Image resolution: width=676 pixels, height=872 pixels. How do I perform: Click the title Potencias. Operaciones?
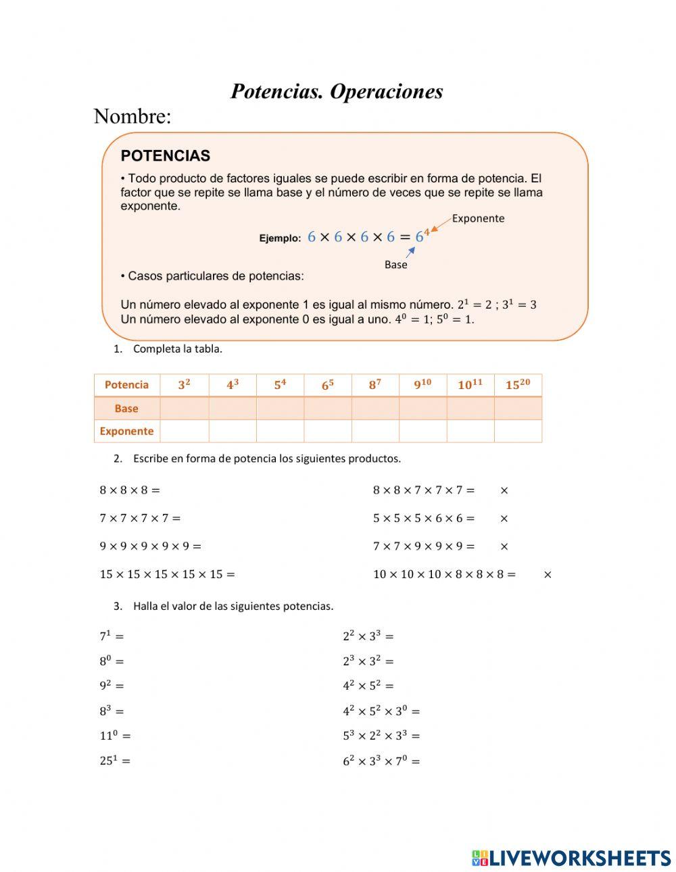tap(337, 91)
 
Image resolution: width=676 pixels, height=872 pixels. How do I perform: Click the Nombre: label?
tap(132, 116)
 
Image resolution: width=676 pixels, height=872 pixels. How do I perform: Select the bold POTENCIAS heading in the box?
tap(165, 156)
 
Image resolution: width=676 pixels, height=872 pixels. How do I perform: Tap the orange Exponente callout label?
tap(478, 218)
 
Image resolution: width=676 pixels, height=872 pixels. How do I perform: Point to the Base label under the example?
tap(395, 265)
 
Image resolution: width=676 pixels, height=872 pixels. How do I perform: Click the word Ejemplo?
tap(280, 238)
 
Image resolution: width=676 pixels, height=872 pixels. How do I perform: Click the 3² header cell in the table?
tap(184, 385)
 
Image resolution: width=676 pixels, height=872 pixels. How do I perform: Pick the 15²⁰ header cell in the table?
tap(518, 385)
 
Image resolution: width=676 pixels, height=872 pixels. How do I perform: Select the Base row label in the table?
tap(126, 409)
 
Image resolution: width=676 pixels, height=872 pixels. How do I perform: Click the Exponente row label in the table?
tap(126, 431)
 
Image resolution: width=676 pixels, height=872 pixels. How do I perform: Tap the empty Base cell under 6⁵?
tap(328, 409)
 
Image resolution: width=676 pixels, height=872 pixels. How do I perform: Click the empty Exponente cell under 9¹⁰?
tap(422, 431)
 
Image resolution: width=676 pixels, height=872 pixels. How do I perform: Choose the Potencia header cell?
tap(126, 385)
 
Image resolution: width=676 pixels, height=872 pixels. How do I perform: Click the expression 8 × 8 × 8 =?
tap(130, 490)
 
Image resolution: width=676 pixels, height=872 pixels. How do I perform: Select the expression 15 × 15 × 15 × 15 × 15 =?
tap(167, 575)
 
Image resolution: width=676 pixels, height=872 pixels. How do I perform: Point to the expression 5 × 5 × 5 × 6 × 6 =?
tap(424, 519)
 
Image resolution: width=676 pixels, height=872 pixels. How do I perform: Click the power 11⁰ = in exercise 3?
tap(115, 736)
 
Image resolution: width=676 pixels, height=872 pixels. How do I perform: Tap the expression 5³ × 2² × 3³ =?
tap(381, 736)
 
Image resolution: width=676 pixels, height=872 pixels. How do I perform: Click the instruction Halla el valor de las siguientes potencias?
tap(233, 606)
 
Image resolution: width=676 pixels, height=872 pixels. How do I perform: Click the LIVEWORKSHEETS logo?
tap(571, 858)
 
